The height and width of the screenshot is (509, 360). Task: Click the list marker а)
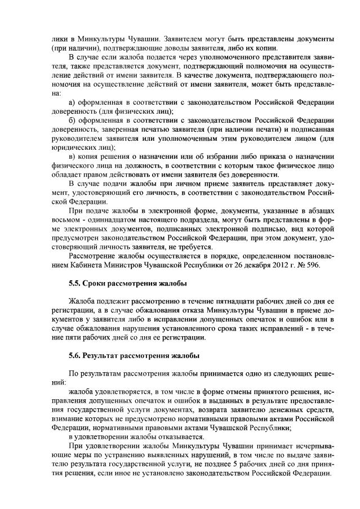(x=72, y=102)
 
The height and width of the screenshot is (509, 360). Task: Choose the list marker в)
(x=72, y=156)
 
